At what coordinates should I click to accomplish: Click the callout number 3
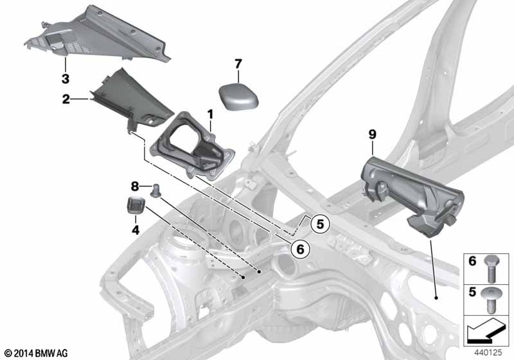pos(66,78)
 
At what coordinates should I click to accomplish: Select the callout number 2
pos(66,99)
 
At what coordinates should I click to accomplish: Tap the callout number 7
pos(238,64)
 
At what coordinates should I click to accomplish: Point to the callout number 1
pos(210,114)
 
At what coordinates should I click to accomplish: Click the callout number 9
pos(373,134)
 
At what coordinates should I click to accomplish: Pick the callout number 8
pos(135,186)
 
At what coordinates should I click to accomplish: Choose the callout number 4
pos(136,230)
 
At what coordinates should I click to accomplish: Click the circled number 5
pos(320,224)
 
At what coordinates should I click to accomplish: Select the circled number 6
pos(300,249)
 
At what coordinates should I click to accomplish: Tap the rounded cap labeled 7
pos(238,96)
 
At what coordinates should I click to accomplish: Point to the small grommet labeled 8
pos(155,190)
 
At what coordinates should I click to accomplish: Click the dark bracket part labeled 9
pos(412,195)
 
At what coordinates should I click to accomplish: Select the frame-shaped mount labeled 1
pos(192,146)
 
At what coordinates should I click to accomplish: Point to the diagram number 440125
pos(488,352)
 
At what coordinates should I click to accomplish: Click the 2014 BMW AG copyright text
pos(36,354)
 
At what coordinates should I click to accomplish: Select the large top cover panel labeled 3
pos(98,35)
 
